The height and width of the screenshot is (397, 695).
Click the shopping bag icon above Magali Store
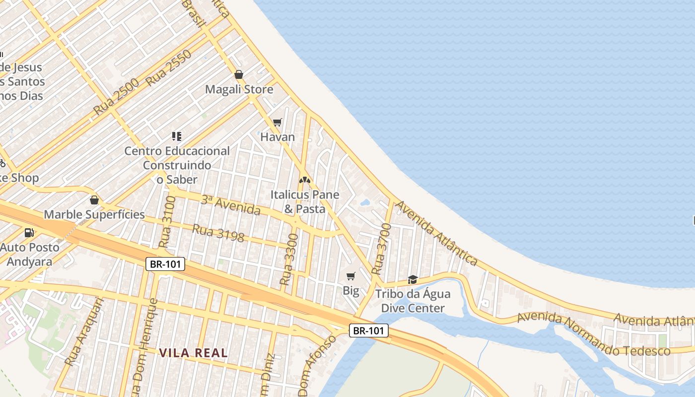point(239,74)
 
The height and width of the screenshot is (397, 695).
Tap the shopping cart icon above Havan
point(278,122)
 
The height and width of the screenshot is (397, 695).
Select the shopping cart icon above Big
point(351,276)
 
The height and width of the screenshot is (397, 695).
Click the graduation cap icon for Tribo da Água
point(413,279)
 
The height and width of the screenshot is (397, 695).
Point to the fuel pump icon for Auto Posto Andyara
point(29,232)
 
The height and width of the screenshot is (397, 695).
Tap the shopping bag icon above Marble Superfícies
point(94,200)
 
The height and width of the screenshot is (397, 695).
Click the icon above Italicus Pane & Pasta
point(304,180)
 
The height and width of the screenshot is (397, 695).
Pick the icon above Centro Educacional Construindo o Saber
point(177,136)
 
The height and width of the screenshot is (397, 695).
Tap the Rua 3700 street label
point(381,249)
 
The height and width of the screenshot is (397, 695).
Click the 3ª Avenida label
point(230,205)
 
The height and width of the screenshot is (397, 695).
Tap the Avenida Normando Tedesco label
point(594,335)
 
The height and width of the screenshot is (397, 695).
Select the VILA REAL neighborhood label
point(194,353)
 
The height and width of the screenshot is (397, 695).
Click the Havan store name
point(278,137)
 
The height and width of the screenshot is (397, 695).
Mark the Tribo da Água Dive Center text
point(413,301)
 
